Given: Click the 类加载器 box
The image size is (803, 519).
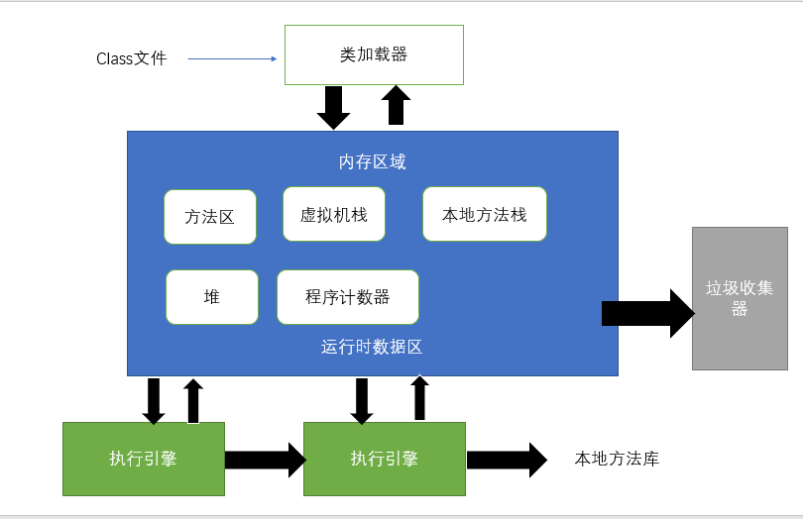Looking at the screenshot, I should point(374,54).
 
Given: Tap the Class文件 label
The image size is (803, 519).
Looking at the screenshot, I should point(131,58).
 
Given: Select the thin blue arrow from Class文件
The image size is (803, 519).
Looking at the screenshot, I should point(232,58).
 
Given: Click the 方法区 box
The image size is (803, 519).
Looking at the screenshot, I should point(210,217).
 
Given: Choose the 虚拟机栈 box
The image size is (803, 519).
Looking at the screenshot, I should point(333,214).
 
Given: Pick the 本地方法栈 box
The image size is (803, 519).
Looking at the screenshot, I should point(485,214).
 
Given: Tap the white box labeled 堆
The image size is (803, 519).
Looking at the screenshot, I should point(211,297).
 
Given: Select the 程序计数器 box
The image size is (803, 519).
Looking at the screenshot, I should point(347,297).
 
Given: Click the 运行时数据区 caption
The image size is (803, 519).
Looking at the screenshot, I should point(373,347).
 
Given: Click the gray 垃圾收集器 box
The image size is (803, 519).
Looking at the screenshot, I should point(739,298).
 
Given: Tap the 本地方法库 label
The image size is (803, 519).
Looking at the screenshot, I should point(617,459).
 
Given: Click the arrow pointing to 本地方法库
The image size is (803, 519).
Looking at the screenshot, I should point(507,460).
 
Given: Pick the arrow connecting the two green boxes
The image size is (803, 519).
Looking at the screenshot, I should point(265,460).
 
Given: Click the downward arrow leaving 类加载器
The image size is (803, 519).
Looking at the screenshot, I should point(333,107).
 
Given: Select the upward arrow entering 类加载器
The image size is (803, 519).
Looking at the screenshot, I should point(397,105).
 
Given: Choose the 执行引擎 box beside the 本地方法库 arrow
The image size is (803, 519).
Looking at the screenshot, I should point(385,459).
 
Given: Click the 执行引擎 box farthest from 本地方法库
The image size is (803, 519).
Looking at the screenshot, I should point(144,459).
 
